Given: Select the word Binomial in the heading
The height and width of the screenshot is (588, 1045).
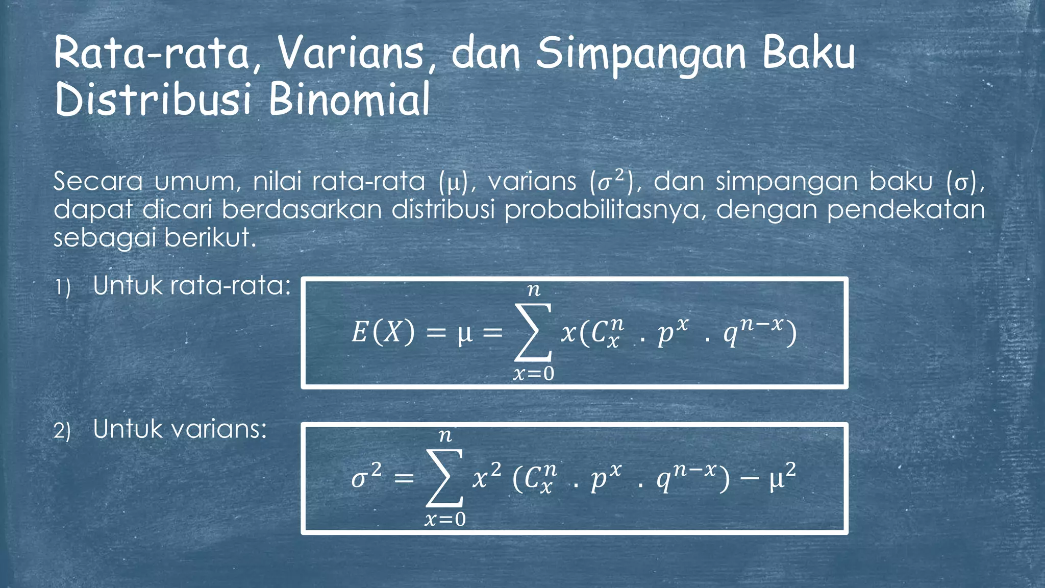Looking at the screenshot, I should (x=349, y=100).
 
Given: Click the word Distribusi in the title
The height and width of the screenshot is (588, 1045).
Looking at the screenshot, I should (x=153, y=100).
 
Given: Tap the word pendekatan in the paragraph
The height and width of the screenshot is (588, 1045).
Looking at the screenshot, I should (x=906, y=210).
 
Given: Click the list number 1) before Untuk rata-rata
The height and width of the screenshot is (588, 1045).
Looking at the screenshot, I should (x=63, y=288).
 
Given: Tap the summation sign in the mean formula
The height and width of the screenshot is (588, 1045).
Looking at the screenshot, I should (x=533, y=332).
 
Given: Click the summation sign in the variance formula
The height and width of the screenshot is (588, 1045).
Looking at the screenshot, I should (x=445, y=478).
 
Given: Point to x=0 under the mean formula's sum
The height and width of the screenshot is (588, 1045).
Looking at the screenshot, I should (x=533, y=374).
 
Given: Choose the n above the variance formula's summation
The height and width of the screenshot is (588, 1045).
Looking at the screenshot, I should (x=445, y=436).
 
